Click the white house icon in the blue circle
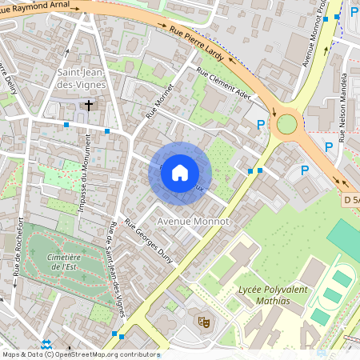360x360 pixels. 180,173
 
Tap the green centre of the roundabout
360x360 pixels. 286,124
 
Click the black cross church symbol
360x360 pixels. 90,105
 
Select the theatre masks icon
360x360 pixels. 203,322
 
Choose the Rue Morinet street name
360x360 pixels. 159,102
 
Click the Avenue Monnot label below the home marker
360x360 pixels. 193,220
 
